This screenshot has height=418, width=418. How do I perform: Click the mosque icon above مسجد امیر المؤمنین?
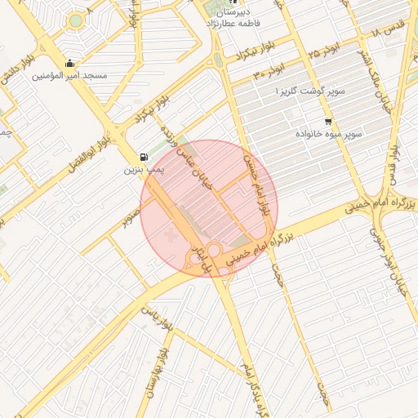(70, 63)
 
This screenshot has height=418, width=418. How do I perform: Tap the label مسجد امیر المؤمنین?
(70, 76)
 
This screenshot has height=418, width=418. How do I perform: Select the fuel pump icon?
(145, 157)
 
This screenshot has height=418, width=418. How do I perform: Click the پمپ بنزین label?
(145, 170)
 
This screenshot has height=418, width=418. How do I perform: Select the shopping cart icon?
(327, 121)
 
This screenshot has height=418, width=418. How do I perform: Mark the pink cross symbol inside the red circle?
(170, 235)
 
